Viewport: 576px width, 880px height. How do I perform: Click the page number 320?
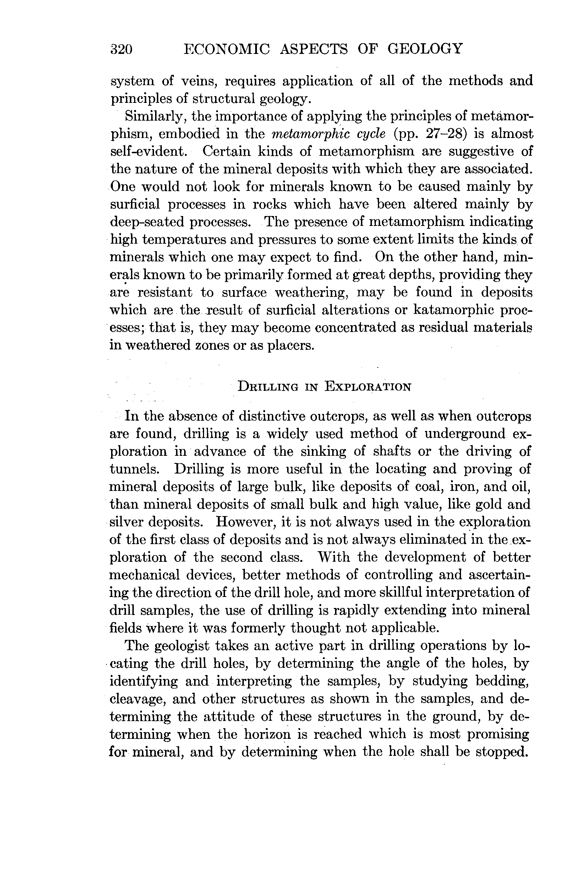(x=122, y=49)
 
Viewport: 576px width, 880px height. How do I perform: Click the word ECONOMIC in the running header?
(x=227, y=49)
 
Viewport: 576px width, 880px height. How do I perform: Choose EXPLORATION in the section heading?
(x=368, y=387)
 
